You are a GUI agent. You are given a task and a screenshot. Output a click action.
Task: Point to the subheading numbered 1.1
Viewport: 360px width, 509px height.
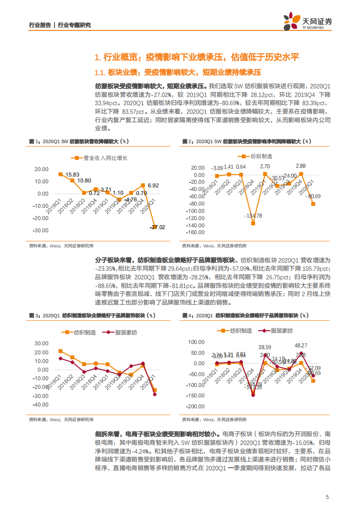tap(178, 73)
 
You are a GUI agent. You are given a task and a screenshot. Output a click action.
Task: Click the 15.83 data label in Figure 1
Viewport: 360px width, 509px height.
tap(72, 175)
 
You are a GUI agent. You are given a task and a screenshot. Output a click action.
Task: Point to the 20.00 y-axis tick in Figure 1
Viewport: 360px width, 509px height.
tap(42, 169)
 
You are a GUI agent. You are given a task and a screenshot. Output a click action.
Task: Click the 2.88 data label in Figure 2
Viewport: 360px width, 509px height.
tap(301, 166)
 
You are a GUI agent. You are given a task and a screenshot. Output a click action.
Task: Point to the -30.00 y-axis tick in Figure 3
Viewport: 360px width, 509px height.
tap(41, 396)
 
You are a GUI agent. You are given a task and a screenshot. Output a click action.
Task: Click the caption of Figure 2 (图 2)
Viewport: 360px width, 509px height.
tap(246, 142)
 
